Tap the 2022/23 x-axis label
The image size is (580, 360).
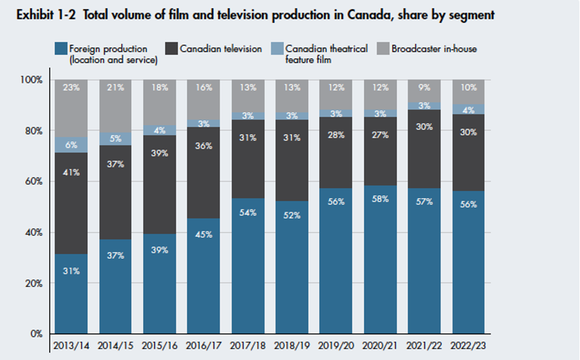click(x=468, y=345)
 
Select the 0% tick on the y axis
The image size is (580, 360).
click(x=36, y=334)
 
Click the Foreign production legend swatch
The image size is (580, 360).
click(x=61, y=49)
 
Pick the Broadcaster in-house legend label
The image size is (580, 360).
click(x=434, y=49)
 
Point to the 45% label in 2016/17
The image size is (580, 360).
click(x=204, y=233)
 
